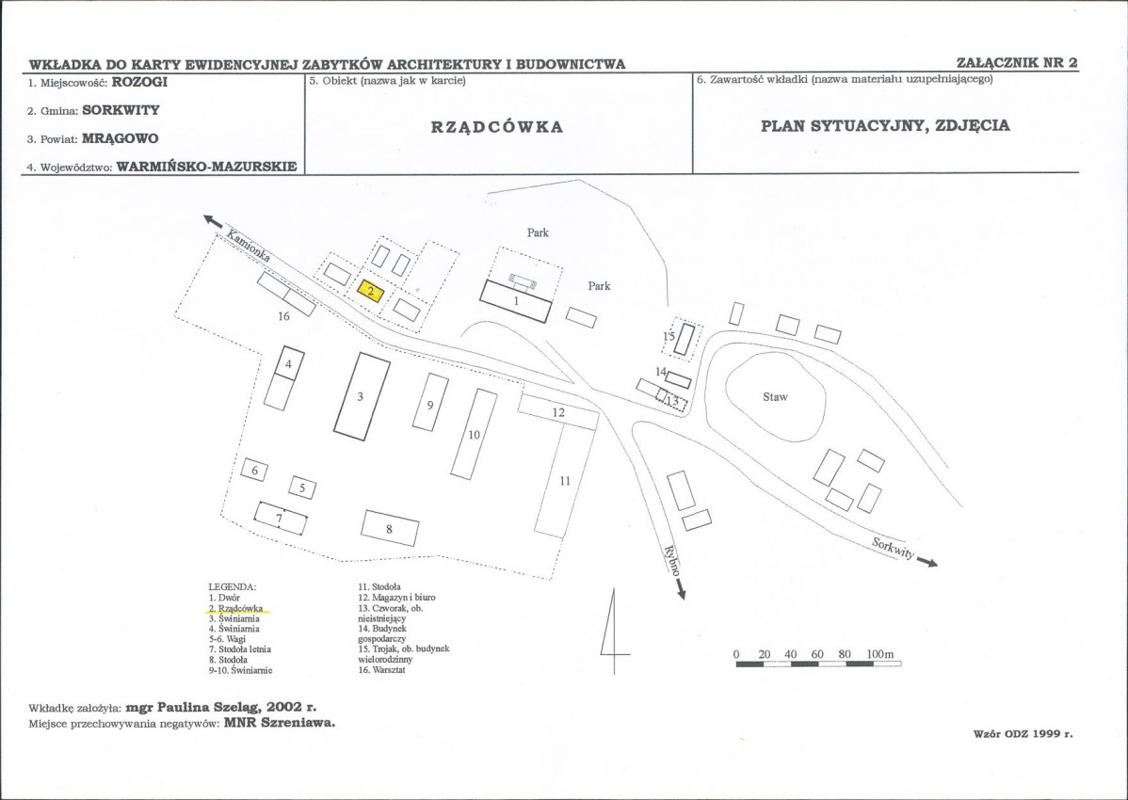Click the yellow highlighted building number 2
point(370,291)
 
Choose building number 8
point(389,528)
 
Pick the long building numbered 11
point(565,480)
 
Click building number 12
point(558,412)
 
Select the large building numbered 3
point(362,395)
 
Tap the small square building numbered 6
point(254,471)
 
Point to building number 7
point(281,519)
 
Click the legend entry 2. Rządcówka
point(236,608)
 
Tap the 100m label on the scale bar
point(879,654)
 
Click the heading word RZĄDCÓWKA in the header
point(496,127)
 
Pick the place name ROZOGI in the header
point(139,82)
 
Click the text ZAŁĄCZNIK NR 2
point(1017,62)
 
